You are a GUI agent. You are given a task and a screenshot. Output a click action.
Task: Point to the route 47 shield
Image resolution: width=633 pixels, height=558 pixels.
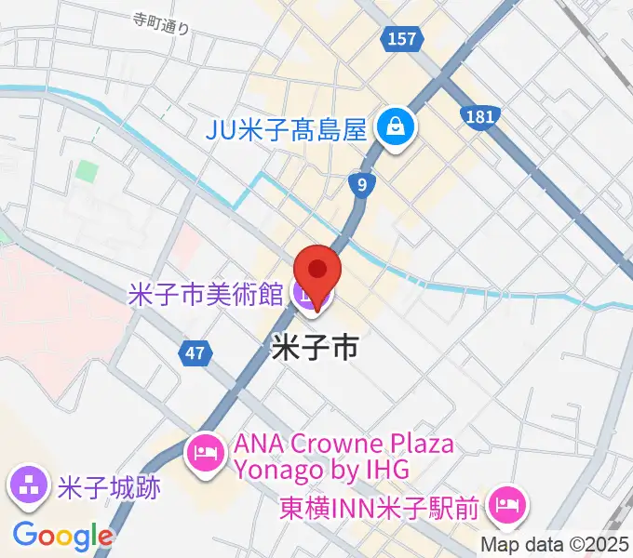194,352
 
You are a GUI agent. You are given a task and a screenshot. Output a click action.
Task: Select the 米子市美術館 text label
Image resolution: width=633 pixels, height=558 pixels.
205,295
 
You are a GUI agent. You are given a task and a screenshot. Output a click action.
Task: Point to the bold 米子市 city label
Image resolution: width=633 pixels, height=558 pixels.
315,349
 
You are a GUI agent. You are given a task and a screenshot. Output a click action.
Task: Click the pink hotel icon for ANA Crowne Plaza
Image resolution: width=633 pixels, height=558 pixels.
204,455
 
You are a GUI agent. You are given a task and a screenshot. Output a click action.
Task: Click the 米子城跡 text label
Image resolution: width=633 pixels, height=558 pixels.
108,487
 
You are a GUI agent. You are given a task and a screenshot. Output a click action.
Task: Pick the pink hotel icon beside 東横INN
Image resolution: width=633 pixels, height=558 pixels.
508,507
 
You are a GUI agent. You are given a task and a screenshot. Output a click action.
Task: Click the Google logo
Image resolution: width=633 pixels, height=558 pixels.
62,535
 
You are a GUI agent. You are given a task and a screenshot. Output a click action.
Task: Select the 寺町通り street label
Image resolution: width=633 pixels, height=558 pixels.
160,23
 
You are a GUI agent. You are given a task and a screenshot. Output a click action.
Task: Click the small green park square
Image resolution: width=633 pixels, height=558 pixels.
87,172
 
